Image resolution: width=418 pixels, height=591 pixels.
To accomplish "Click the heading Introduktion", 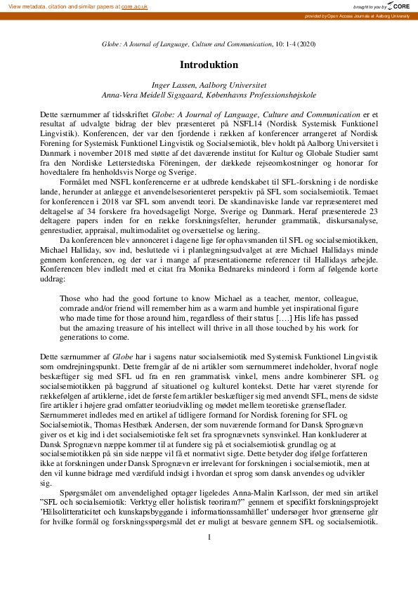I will click(x=209, y=64).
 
